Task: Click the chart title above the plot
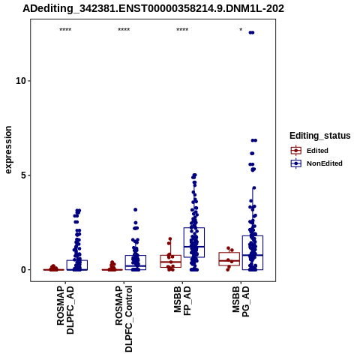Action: click(153, 9)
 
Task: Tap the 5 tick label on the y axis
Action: click(24, 175)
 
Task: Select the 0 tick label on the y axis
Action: click(24, 270)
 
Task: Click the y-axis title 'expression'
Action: click(8, 150)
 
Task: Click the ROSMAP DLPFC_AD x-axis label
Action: click(65, 310)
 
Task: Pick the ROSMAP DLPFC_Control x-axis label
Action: click(124, 319)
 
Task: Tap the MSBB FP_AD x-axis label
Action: click(182, 301)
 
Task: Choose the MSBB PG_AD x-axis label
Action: click(241, 301)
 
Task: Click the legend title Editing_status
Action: click(320, 136)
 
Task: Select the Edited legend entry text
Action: click(317, 151)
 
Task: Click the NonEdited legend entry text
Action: click(325, 163)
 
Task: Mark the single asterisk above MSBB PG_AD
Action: click(241, 30)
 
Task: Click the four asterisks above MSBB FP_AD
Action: click(182, 30)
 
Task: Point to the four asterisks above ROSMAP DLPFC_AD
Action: click(65, 30)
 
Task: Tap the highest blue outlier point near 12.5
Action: click(251, 32)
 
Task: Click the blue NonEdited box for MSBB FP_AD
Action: click(194, 242)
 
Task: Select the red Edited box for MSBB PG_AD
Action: click(229, 259)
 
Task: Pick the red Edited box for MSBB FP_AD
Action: click(171, 261)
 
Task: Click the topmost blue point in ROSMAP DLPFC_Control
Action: click(136, 210)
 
